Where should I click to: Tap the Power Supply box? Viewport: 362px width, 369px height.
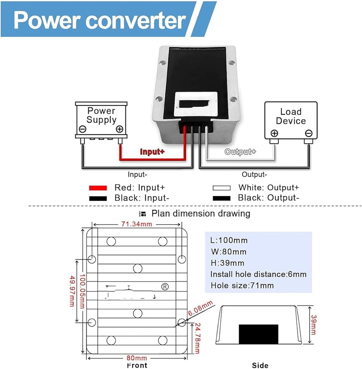[101, 120]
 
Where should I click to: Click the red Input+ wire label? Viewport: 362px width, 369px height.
[152, 151]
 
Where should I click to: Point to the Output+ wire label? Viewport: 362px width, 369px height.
[240, 152]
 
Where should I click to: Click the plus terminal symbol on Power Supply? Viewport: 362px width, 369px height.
[119, 129]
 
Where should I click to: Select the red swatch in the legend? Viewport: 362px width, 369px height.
[98, 188]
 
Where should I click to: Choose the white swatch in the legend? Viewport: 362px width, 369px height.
[221, 188]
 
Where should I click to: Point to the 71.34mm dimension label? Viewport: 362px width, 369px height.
[137, 224]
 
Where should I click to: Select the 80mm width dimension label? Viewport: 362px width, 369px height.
[137, 358]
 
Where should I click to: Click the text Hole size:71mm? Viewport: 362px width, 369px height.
[242, 285]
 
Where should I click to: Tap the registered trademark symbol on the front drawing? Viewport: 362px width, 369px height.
[165, 287]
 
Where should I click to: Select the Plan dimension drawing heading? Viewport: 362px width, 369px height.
[201, 213]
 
